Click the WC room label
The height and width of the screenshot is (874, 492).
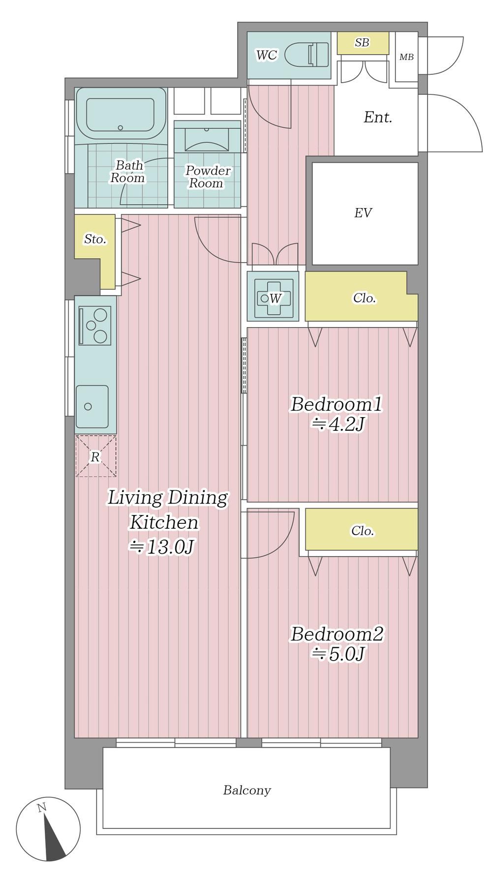(267, 55)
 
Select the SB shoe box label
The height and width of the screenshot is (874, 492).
(362, 43)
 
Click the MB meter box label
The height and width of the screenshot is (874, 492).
(406, 57)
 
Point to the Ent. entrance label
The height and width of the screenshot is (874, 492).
(378, 118)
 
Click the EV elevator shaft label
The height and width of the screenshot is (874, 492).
(363, 213)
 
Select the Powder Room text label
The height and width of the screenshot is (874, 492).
(208, 177)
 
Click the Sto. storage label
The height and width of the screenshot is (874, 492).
(95, 240)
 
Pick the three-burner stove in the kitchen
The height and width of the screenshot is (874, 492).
(94, 326)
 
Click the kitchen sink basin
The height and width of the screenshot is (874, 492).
(92, 406)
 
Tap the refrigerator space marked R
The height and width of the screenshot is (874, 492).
(95, 456)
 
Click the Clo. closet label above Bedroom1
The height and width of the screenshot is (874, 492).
(365, 298)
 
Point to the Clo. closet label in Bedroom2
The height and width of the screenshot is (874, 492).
(363, 531)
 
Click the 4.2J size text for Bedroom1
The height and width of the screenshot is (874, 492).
(338, 424)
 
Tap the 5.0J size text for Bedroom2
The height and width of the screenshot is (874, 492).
(338, 654)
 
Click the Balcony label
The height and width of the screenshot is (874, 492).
(247, 790)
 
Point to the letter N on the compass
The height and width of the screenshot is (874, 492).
(42, 807)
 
